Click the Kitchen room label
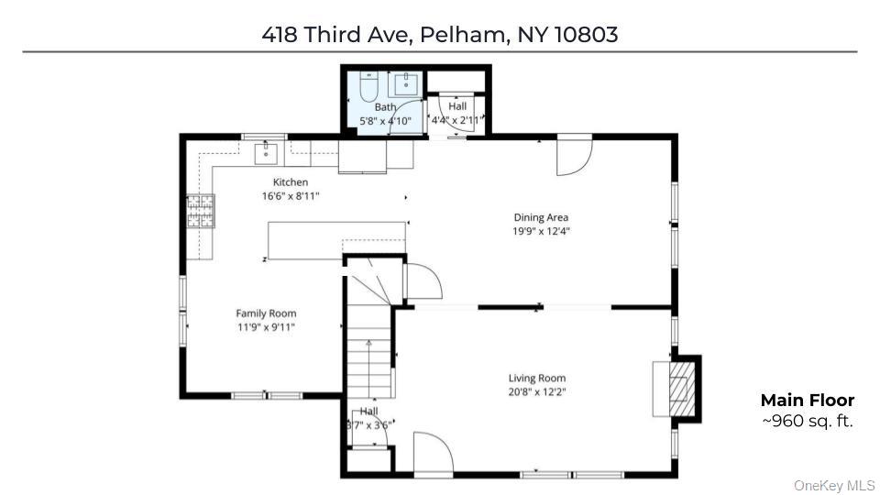tap(291, 181)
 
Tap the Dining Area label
tap(541, 217)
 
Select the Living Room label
tap(537, 379)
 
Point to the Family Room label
tap(266, 313)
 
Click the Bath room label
tap(386, 106)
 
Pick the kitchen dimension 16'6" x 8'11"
tap(291, 196)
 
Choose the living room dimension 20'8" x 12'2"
tap(537, 392)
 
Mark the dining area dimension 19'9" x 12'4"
tap(541, 231)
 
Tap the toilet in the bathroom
tap(368, 86)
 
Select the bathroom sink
tap(406, 84)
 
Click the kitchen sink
tap(266, 153)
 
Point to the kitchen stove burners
tap(201, 211)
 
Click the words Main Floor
tap(808, 401)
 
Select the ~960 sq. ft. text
tap(808, 421)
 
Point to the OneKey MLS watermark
tap(834, 486)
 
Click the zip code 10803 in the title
tap(587, 35)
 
